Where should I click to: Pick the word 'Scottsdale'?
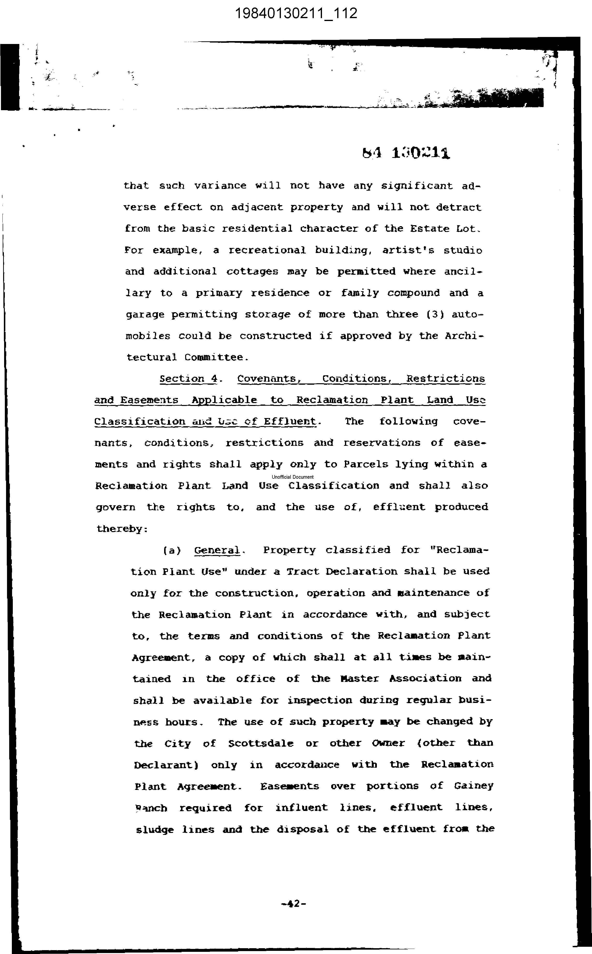pos(261,743)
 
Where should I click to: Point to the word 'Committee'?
pos(216,357)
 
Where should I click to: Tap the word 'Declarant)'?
pos(166,765)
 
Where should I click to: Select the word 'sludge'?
pos(155,829)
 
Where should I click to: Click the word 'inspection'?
pos(320,700)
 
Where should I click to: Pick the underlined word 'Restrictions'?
pos(446,379)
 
